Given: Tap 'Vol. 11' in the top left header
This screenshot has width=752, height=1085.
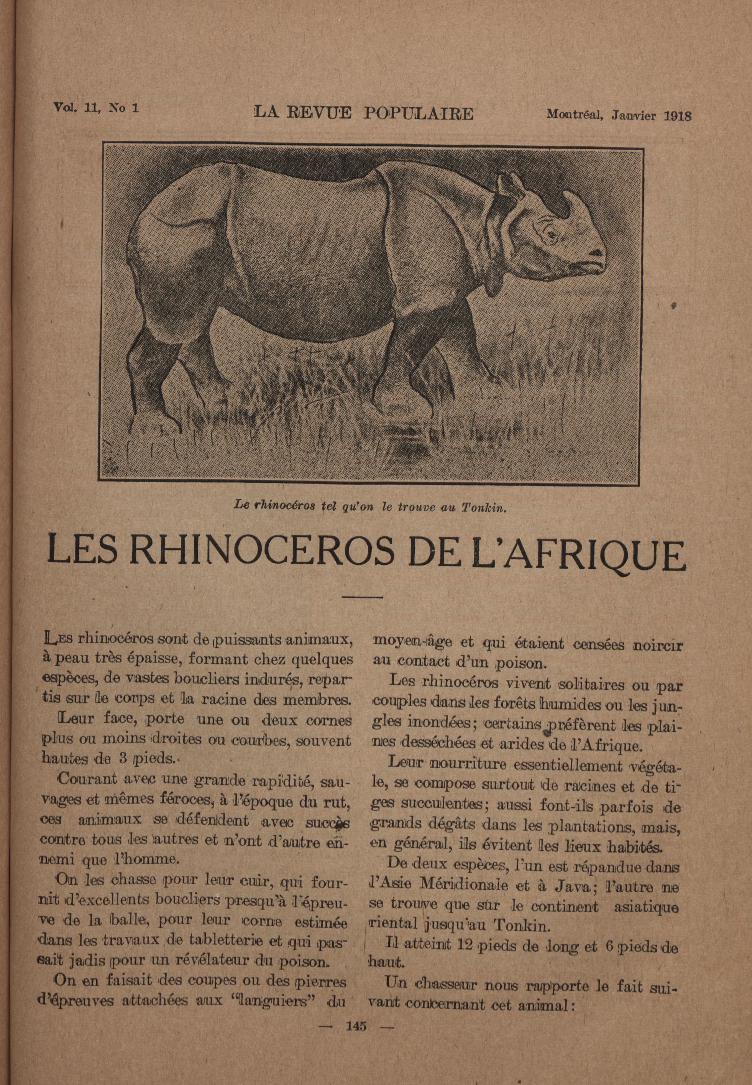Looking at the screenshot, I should (76, 107).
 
